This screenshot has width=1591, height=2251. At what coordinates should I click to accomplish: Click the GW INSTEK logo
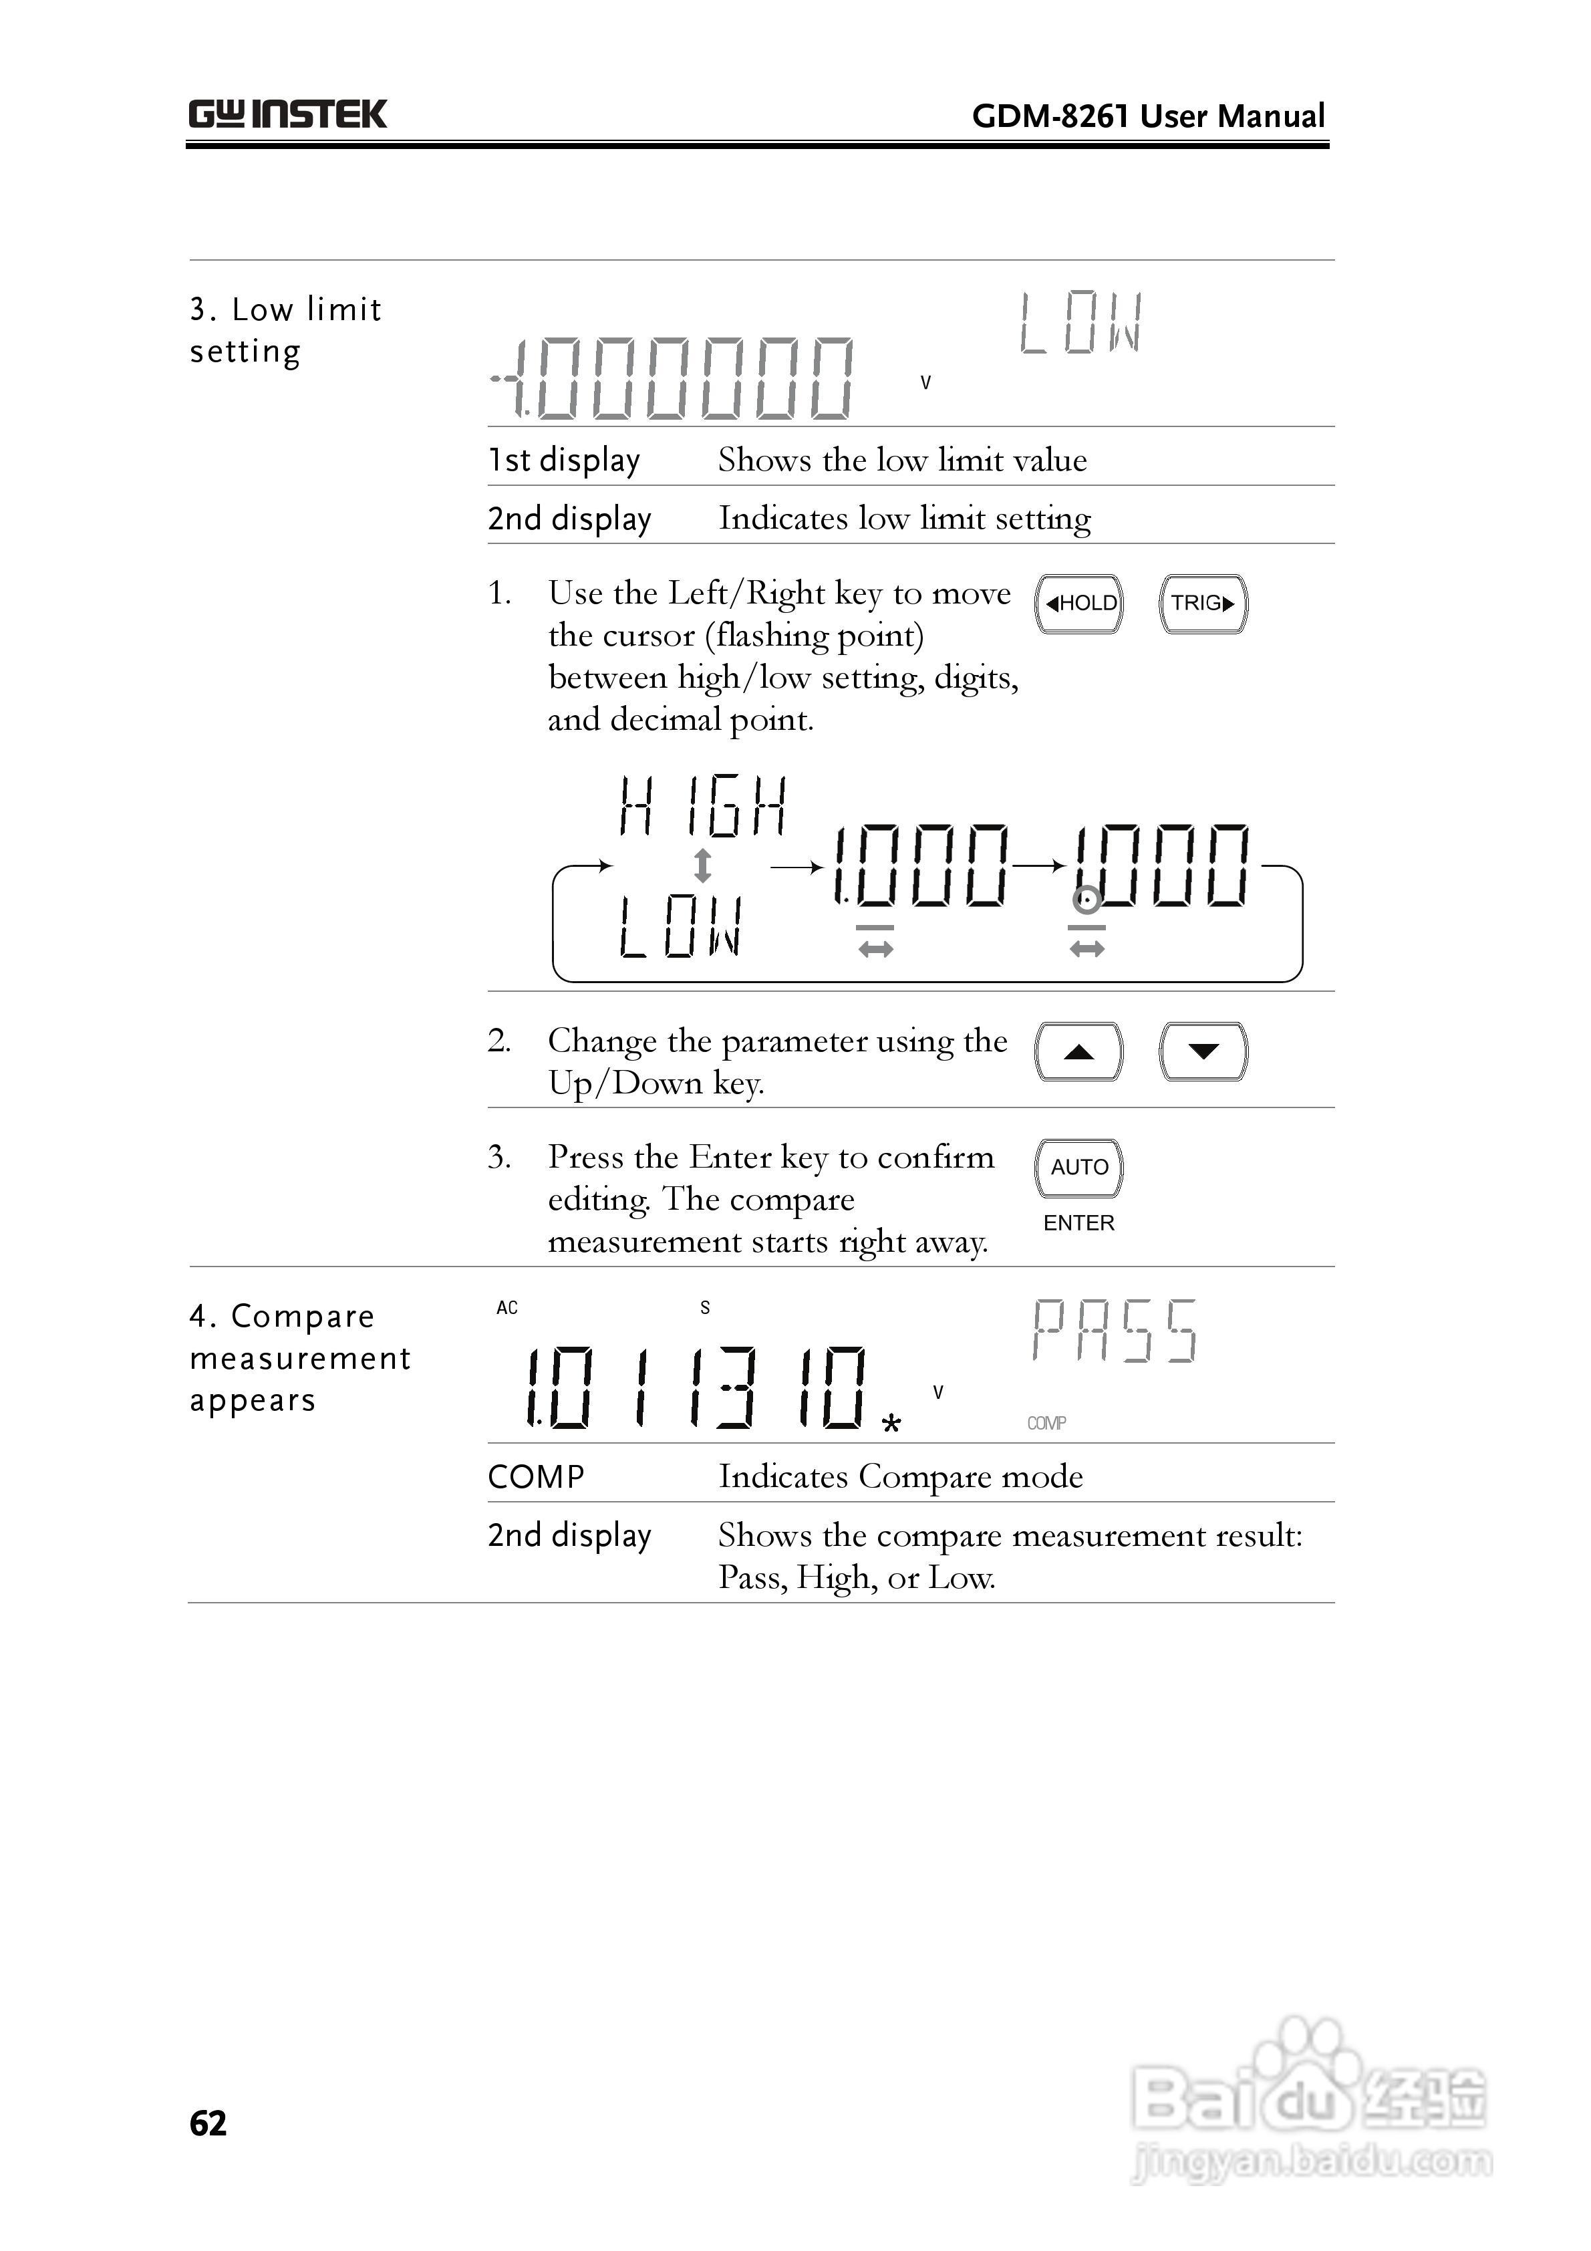[287, 115]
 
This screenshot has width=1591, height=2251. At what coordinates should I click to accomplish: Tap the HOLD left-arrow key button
[1078, 603]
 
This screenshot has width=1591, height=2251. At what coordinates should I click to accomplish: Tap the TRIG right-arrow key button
[1203, 603]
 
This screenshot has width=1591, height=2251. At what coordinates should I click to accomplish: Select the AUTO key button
[1078, 1167]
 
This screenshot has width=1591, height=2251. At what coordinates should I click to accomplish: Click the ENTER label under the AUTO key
[1078, 1222]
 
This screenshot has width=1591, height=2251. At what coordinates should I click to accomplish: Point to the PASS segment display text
[1115, 1331]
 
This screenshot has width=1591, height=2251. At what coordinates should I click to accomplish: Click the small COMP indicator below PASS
[1046, 1422]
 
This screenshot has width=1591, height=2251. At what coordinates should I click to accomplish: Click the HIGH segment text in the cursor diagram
[702, 807]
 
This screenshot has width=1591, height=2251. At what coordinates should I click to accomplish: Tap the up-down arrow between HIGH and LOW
[702, 866]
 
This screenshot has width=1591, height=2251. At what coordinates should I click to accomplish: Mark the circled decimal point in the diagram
[1085, 899]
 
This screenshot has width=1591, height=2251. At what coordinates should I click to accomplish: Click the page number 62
[208, 2123]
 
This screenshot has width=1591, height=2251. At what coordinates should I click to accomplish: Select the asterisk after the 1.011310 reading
[890, 1424]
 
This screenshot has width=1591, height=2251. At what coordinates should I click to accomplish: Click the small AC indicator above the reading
[507, 1308]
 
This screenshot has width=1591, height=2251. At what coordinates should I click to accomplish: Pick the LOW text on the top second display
[1080, 323]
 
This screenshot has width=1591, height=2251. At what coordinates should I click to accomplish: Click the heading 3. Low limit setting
[285, 329]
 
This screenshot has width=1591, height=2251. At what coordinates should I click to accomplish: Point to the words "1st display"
[564, 459]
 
